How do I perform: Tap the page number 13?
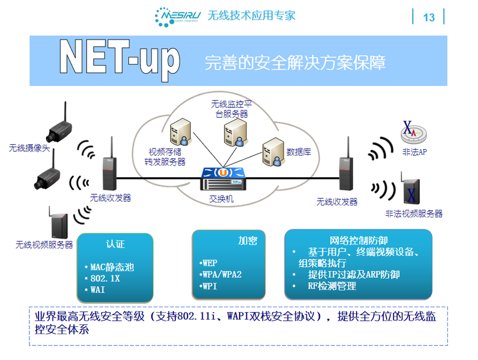pos(429,17)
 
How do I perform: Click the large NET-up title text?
pos(120,59)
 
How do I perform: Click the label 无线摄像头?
pos(29,148)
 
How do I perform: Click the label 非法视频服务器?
pos(414,213)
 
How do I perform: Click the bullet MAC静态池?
pos(109,267)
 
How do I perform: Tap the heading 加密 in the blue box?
pos(248,241)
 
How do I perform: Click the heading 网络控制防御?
pos(358,240)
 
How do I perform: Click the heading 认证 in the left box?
pos(115,243)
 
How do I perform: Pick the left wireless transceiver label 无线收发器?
pos(110,197)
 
